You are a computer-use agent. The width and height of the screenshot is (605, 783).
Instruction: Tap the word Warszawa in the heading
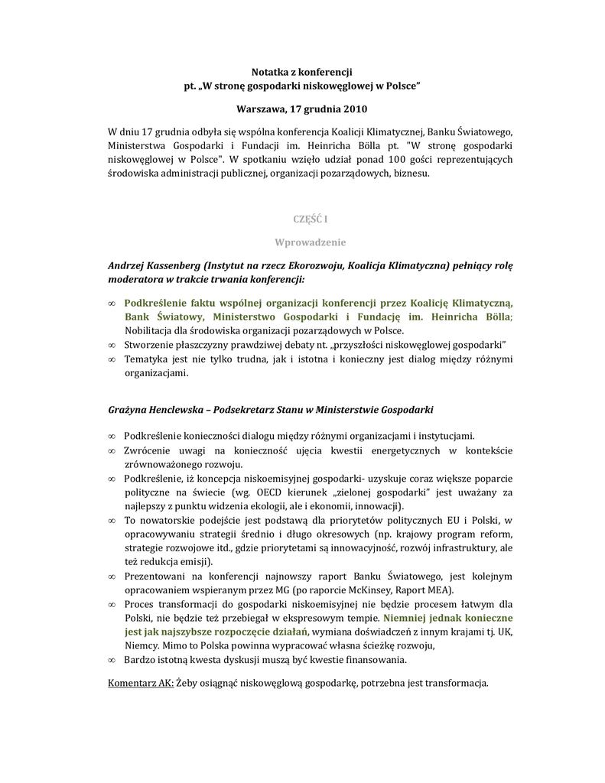[x=259, y=109]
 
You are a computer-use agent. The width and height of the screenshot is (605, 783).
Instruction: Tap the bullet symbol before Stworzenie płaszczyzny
[x=112, y=345]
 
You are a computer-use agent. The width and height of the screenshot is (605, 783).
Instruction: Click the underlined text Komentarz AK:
[x=141, y=682]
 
